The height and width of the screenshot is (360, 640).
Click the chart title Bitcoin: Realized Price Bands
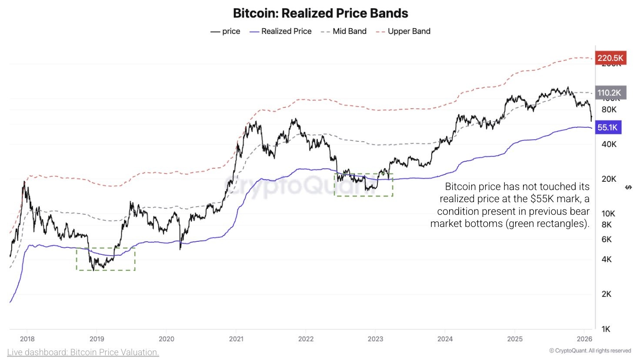coord(320,13)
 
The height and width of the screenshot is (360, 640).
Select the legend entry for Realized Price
coord(280,31)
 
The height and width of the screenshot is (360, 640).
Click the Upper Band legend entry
coord(403,31)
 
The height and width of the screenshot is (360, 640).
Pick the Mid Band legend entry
coord(343,31)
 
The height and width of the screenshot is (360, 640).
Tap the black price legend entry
coord(225,31)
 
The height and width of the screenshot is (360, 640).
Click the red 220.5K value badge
coord(610,58)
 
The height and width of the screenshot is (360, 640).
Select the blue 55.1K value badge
coord(607,127)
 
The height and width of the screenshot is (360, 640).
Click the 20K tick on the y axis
coord(609,179)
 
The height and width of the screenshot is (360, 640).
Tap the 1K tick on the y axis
coord(606,329)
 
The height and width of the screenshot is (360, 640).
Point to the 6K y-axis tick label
coord(607,239)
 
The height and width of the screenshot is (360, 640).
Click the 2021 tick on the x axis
coord(236,339)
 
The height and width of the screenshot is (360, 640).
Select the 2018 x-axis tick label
coord(27,339)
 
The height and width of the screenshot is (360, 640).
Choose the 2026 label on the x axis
coord(584,339)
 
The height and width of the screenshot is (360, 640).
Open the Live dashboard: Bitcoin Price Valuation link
coord(83,352)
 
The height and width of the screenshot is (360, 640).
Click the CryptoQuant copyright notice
coord(590,351)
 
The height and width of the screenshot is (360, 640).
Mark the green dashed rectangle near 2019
coord(106,259)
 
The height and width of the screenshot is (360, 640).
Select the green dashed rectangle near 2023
coord(363,185)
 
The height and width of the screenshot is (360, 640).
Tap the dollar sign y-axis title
coord(628,187)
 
